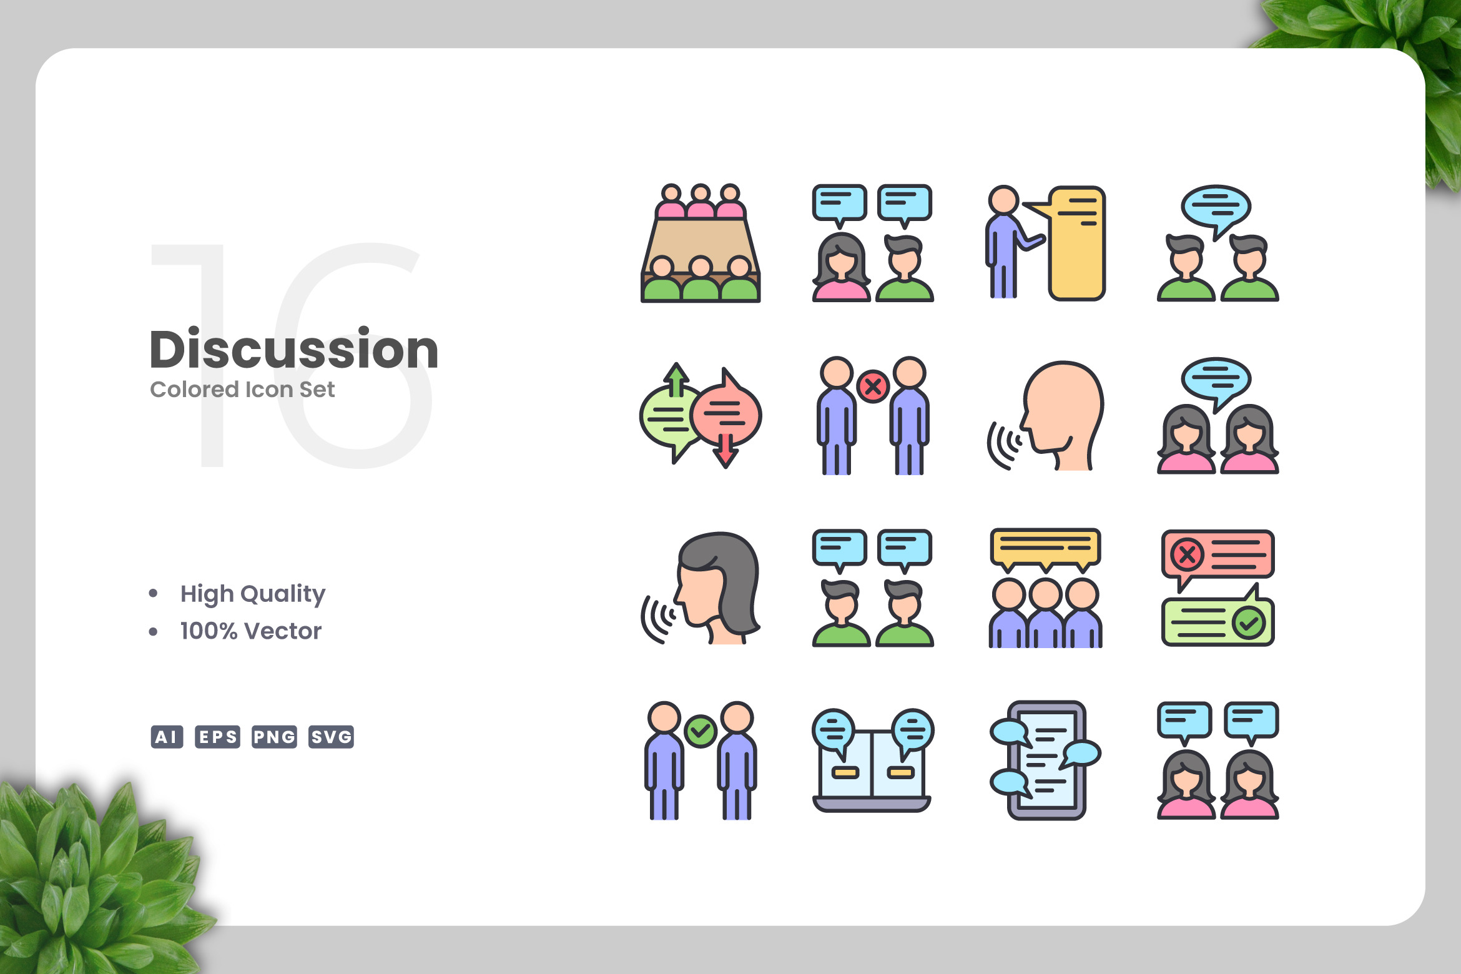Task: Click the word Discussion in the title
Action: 294,349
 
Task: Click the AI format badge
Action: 167,737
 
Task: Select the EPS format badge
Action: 217,737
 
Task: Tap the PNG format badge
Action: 274,737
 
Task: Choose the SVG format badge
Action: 331,737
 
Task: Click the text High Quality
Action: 253,594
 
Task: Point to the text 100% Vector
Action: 251,631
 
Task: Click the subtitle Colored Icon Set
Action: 242,390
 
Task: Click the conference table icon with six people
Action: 701,243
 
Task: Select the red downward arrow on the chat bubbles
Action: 726,450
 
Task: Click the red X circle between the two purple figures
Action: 873,387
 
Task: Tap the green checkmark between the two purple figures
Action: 701,731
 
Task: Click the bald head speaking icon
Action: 1046,416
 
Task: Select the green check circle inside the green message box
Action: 1249,622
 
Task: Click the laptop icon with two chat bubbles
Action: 872,760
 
